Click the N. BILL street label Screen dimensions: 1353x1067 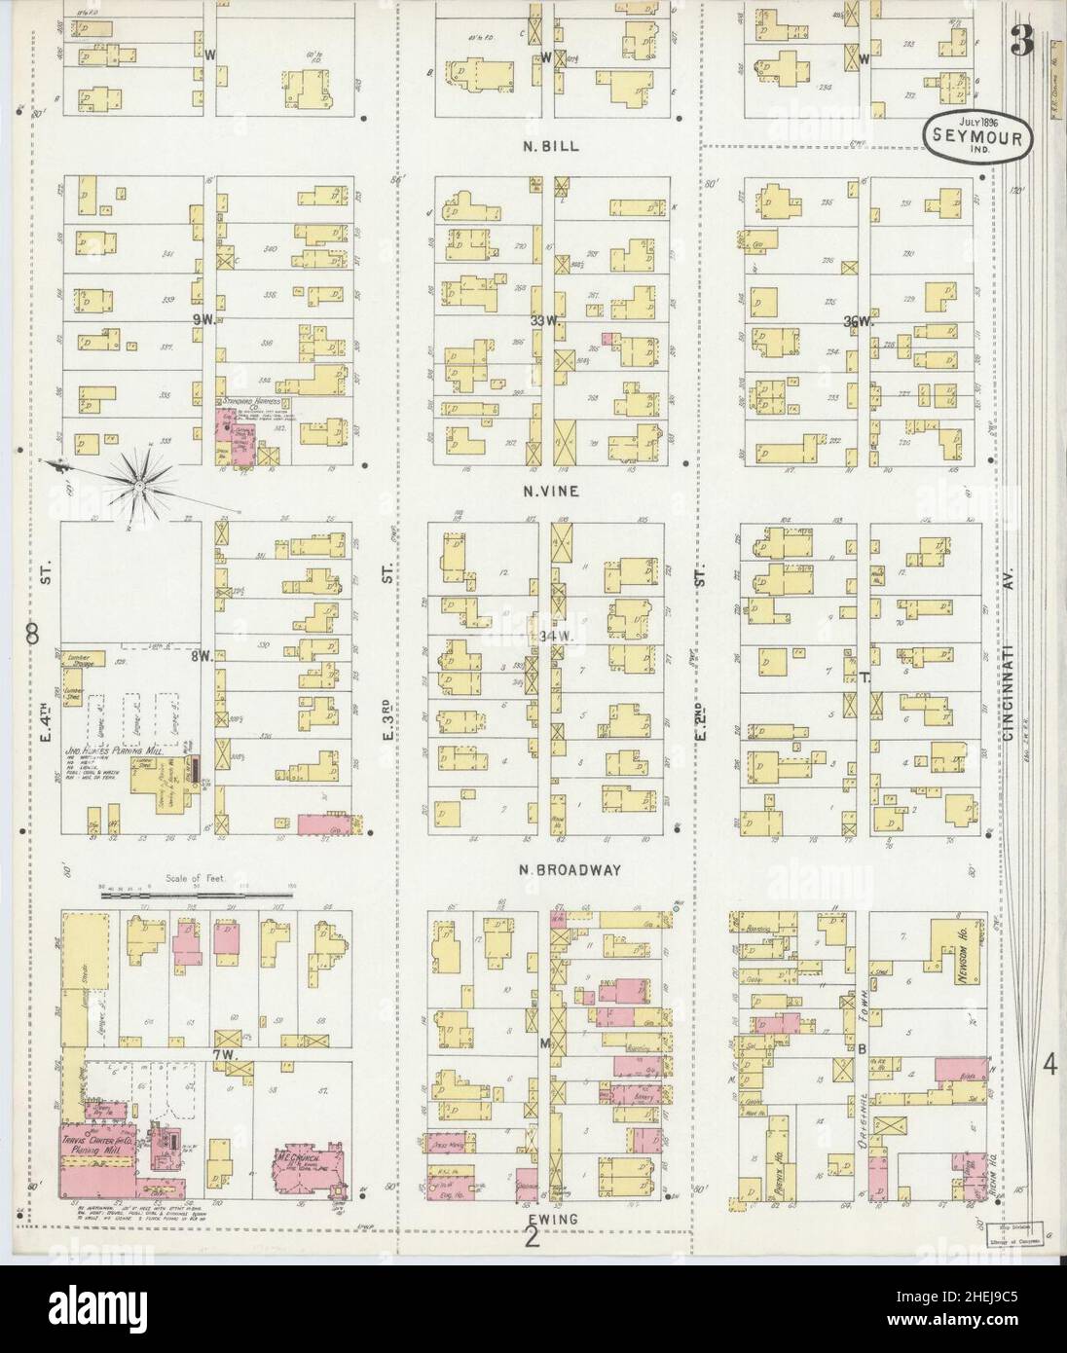pos(549,147)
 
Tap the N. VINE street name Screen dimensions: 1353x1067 pos(549,492)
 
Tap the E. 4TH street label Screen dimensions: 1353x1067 pos(45,691)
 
